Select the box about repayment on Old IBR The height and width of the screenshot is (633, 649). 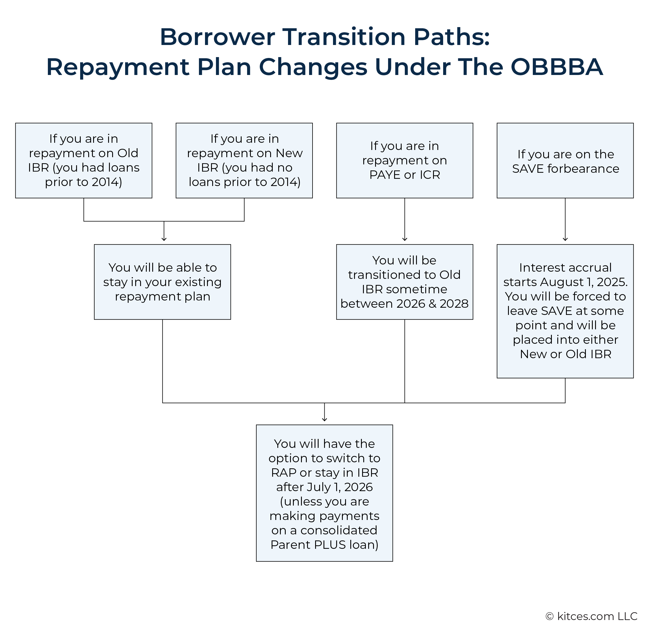pyautogui.click(x=83, y=161)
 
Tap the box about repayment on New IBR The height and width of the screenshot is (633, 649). pyautogui.click(x=244, y=161)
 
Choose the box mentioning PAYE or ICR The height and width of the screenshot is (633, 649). pyautogui.click(x=405, y=161)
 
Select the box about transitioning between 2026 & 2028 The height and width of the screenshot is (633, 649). pyautogui.click(x=405, y=282)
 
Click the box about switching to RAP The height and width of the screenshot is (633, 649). pyautogui.click(x=324, y=493)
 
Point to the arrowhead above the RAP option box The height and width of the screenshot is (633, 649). pyautogui.click(x=324, y=420)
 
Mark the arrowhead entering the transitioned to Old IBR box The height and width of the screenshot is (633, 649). pyautogui.click(x=405, y=239)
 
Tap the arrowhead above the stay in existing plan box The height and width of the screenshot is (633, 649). pyautogui.click(x=164, y=239)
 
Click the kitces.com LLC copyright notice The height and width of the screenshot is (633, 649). pyautogui.click(x=591, y=616)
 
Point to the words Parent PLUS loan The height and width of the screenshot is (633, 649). pyautogui.click(x=324, y=545)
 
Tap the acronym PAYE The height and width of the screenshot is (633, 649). pyautogui.click(x=385, y=174)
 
